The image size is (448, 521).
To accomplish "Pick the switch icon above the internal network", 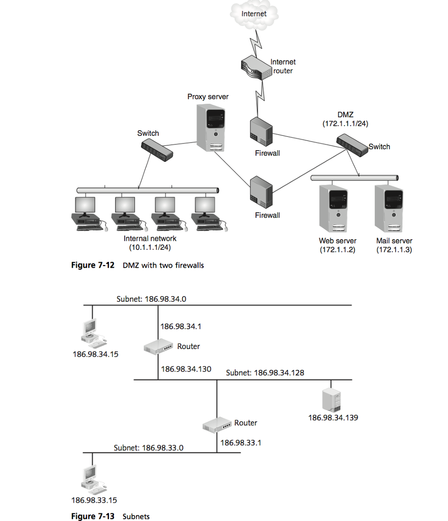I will tap(156, 150).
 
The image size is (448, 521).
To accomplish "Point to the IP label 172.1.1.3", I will tap(394, 250).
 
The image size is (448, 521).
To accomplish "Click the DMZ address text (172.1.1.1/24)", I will tap(345, 124).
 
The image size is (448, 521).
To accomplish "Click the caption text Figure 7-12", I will tap(92, 265).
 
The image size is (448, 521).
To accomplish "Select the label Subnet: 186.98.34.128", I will tap(265, 373).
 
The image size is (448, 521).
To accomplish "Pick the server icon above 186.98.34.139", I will tap(331, 400).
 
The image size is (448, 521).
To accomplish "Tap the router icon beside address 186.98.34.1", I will tap(159, 347).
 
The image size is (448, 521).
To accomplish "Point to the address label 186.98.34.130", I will tap(186, 369).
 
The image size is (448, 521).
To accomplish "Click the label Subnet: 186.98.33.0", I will tap(148, 448).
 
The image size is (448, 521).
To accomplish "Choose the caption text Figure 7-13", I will tap(93, 516).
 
